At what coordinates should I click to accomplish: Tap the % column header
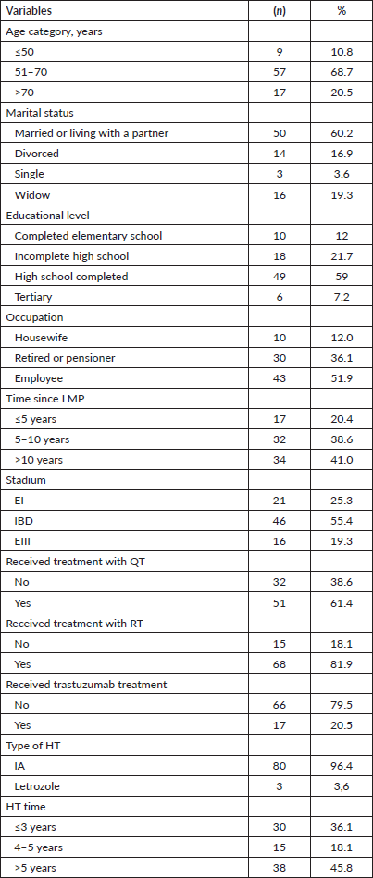342,10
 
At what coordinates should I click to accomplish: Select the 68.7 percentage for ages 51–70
342,72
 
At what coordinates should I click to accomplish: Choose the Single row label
29,174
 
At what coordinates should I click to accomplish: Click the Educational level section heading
42,215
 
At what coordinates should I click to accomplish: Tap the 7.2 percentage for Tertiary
342,297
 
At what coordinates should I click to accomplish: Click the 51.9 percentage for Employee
342,378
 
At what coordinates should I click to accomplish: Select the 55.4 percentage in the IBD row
342,521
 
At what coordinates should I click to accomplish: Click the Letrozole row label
36,786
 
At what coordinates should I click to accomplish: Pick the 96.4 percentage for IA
342,767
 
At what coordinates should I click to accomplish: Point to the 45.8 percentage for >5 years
342,869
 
